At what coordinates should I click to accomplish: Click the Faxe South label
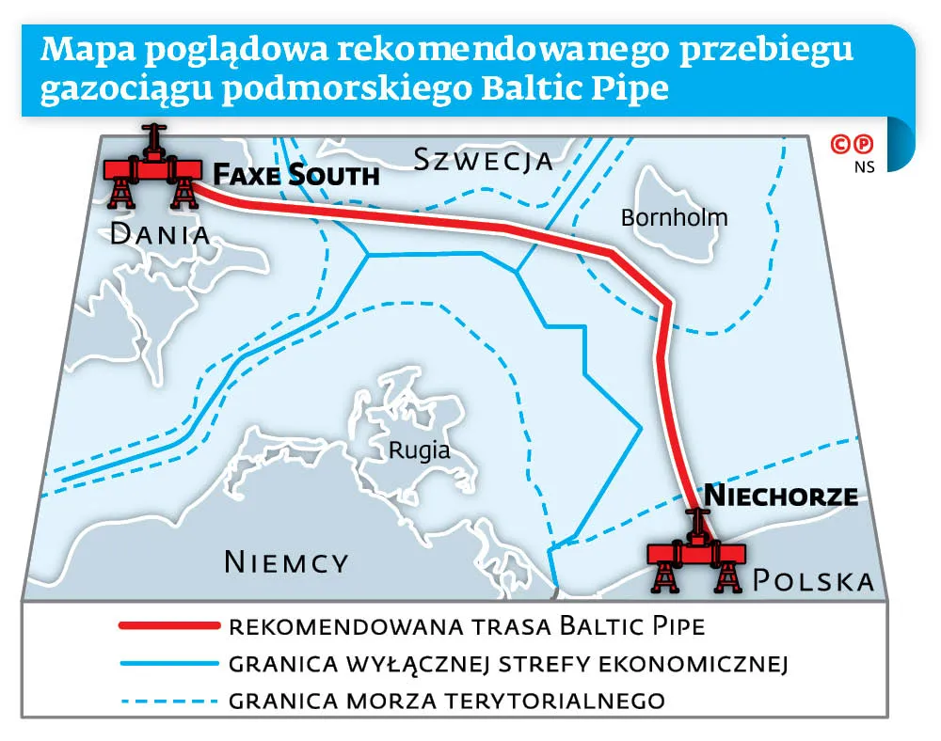295,175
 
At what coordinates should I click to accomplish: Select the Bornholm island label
674,218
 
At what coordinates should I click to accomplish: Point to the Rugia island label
419,450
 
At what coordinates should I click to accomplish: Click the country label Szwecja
483,160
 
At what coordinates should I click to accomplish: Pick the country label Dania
159,234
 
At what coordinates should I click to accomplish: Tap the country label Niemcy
286,562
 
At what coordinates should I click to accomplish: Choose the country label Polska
813,581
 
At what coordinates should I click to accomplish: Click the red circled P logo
864,145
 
